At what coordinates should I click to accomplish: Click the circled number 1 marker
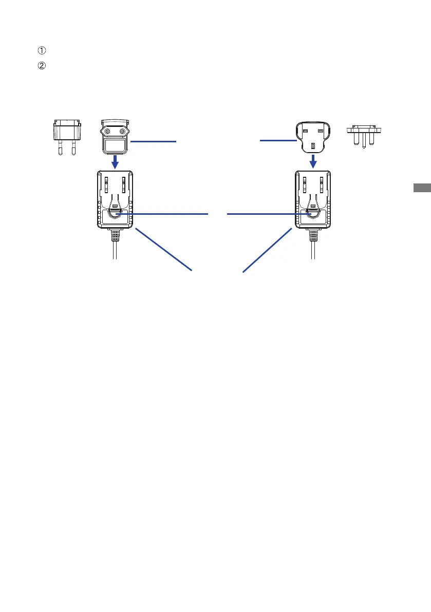pos(42,50)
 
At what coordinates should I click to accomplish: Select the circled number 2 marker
pos(42,66)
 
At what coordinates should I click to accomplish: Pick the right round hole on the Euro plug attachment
pos(122,131)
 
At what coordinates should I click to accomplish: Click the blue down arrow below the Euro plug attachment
pos(115,162)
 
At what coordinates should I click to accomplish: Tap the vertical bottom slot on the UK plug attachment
pos(313,146)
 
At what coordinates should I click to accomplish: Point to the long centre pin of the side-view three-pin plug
pos(364,142)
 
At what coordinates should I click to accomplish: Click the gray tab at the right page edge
pos(422,188)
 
